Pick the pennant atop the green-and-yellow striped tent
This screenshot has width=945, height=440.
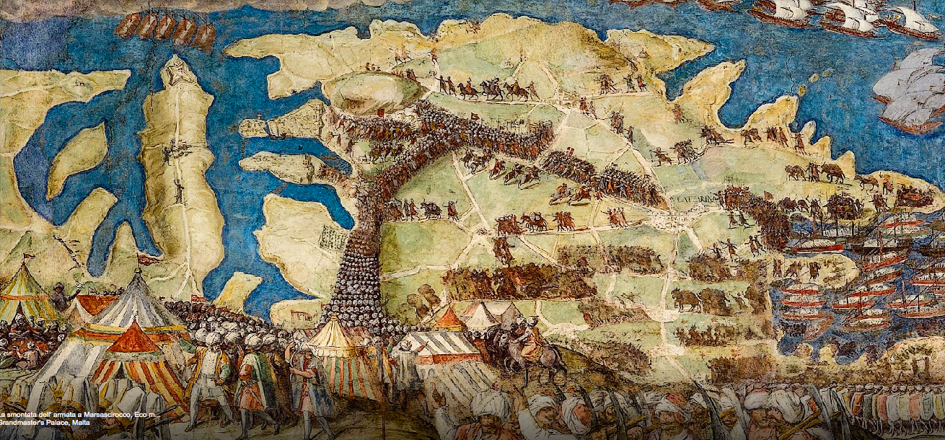pyautogui.click(x=28, y=256)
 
